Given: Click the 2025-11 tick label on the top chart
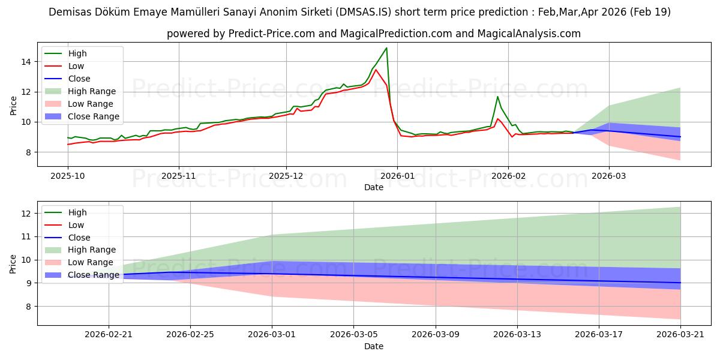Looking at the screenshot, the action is [x=178, y=176].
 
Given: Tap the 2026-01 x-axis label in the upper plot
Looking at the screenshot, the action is [x=397, y=176].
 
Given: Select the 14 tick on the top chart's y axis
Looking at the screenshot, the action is [x=26, y=62].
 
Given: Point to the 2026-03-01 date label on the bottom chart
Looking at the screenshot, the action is [x=272, y=335].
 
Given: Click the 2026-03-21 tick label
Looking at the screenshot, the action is [x=680, y=335].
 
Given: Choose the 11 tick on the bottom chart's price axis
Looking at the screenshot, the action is [x=26, y=237].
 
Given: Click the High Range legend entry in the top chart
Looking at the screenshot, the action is [x=92, y=91].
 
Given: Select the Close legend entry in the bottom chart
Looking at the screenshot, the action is [x=79, y=238].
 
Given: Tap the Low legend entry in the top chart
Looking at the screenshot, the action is [x=76, y=66].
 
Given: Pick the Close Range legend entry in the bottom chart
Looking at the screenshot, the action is [x=93, y=275].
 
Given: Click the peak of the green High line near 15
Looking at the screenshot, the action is [x=386, y=48].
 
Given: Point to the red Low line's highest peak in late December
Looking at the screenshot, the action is [x=376, y=70].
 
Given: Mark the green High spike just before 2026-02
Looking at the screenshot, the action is [x=497, y=97].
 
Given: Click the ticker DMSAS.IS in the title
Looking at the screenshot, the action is [x=364, y=12].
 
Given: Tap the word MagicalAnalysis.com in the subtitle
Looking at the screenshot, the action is [x=529, y=34].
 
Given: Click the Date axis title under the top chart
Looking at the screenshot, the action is [x=373, y=187].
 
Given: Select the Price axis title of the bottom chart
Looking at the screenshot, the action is [x=13, y=264].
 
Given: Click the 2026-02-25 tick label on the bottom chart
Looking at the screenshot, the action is [x=190, y=335].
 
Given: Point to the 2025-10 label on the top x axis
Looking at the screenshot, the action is [x=67, y=176].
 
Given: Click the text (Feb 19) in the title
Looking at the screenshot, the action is [x=650, y=12].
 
